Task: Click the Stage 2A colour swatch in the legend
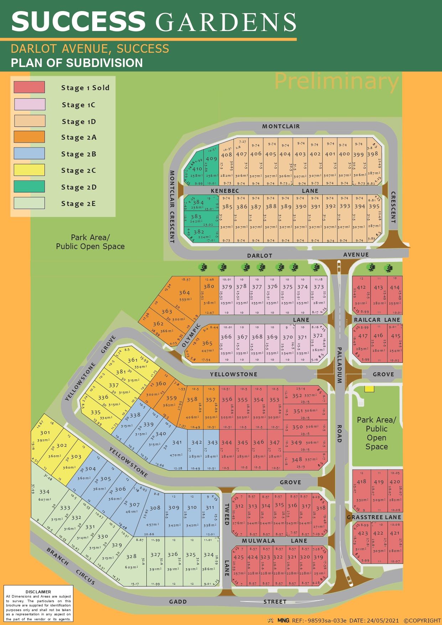(x=29, y=137)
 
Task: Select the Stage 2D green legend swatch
(x=29, y=187)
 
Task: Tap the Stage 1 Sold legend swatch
(x=29, y=87)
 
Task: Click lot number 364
(x=184, y=293)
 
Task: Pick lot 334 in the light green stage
(x=44, y=492)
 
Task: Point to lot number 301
(x=45, y=433)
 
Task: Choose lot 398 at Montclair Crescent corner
(x=373, y=154)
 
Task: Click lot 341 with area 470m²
(x=177, y=443)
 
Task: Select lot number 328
(x=131, y=556)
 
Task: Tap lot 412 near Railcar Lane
(x=361, y=287)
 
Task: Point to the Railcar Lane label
(x=377, y=320)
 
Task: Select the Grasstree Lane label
(x=374, y=517)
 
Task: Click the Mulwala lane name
(x=254, y=541)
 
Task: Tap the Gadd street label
(x=178, y=601)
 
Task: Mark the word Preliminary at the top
(x=336, y=82)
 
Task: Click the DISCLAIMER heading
(x=38, y=592)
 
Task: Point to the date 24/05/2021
(x=382, y=620)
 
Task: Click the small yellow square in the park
(x=369, y=389)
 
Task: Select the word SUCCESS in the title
(x=78, y=21)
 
